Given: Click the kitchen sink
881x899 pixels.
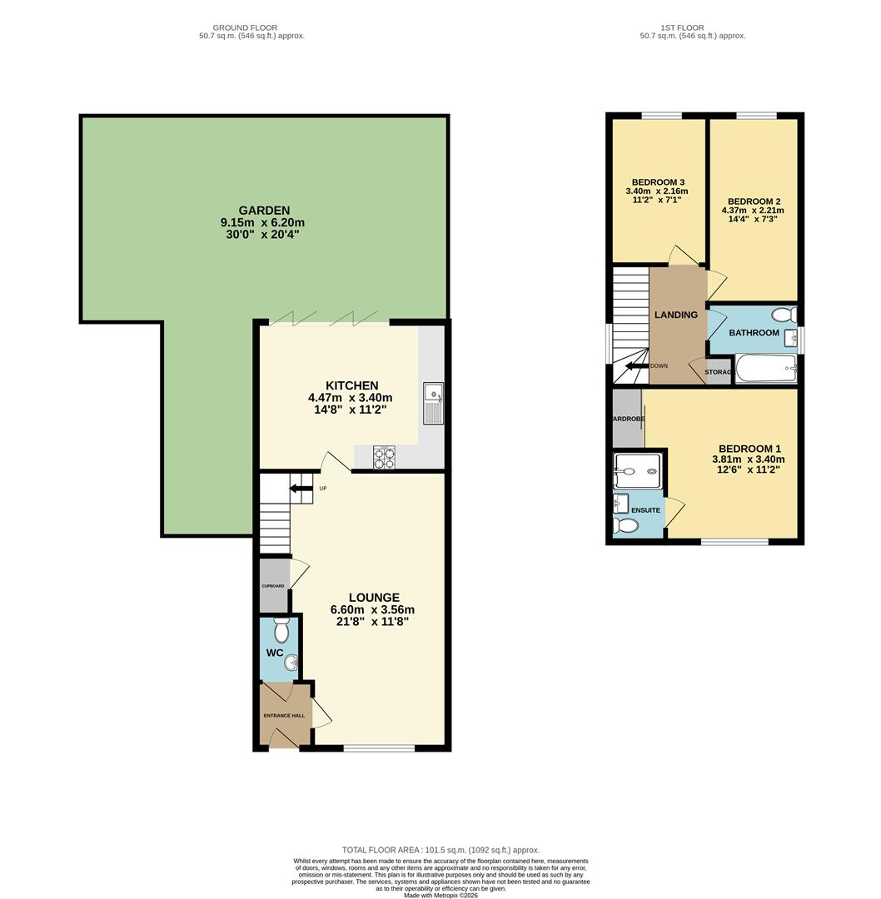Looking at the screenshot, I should tap(433, 403).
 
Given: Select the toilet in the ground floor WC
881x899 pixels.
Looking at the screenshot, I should tap(281, 630).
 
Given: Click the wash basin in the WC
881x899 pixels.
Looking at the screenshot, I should tap(291, 663).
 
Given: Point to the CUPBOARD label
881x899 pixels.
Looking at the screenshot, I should tap(273, 586).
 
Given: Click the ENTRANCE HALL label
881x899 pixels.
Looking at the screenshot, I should tap(284, 715).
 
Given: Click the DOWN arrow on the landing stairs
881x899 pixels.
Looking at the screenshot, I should tap(638, 365).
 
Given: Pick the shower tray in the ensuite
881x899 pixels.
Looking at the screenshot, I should tap(637, 471).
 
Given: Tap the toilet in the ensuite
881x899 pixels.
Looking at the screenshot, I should tap(625, 526).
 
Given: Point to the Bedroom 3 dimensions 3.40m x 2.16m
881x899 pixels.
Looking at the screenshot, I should tap(657, 191).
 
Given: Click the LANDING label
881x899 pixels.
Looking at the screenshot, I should tap(675, 315).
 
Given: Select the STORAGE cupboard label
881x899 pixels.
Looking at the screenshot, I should tap(718, 372).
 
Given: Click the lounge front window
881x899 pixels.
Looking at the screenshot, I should tap(379, 748).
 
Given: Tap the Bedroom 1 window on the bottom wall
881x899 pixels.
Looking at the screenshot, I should tap(734, 542).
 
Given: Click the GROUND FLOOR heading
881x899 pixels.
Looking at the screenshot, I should tap(245, 27).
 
